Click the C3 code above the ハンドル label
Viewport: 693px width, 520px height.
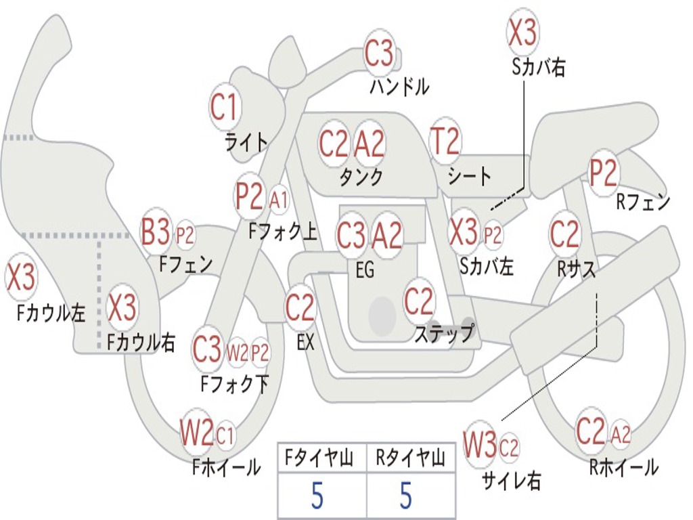[379, 53]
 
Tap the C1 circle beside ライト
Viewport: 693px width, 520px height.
[225, 106]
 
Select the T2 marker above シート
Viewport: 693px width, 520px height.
[445, 142]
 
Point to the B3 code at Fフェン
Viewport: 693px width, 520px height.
[156, 233]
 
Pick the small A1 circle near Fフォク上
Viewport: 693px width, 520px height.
[278, 200]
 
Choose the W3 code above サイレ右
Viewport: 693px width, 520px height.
[480, 445]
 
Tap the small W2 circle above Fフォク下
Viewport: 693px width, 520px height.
[238, 352]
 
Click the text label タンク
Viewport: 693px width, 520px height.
[361, 177]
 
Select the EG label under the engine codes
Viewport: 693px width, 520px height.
[365, 271]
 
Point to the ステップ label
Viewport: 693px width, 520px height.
[444, 334]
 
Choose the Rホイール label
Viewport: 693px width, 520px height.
[623, 467]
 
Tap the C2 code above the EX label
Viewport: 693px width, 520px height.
[300, 309]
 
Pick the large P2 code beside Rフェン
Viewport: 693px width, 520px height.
[604, 173]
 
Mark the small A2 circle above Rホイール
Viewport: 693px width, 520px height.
[621, 434]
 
